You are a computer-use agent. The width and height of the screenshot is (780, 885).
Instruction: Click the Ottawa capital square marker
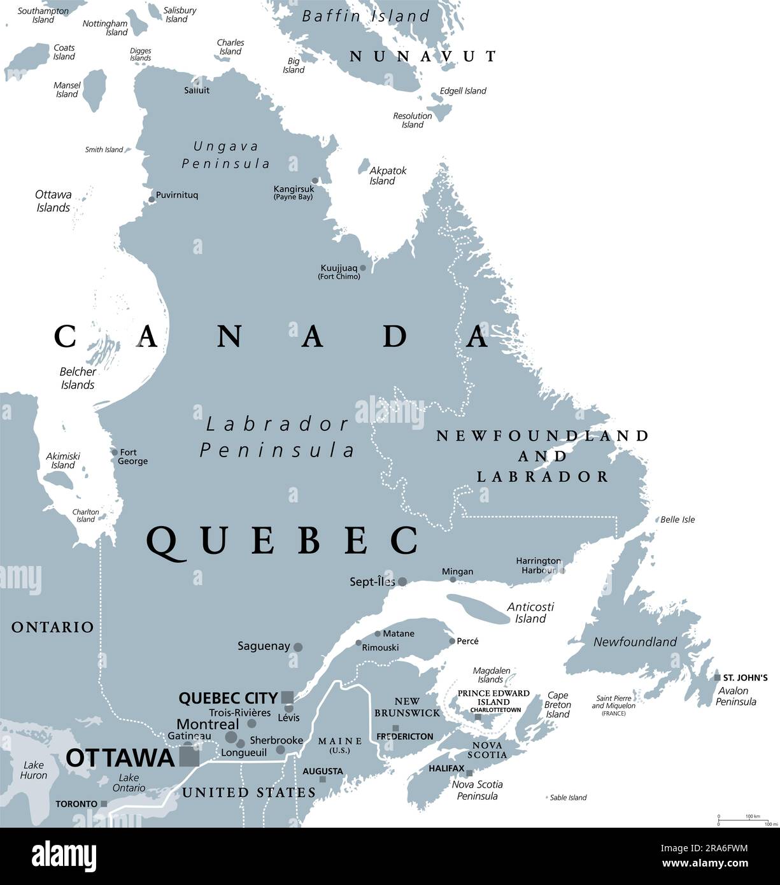(189, 757)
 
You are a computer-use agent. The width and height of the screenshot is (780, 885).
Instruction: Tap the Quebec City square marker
(287, 697)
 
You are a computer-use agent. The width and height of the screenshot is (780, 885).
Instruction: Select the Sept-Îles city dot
(402, 581)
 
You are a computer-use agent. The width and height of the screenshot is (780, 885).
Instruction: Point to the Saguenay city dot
(297, 647)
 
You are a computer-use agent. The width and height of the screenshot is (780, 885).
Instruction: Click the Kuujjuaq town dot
(363, 268)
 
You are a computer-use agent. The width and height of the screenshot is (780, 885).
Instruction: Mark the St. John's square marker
(717, 677)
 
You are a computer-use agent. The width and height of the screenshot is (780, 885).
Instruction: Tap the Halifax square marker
(469, 773)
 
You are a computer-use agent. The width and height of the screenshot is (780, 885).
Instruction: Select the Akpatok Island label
(388, 176)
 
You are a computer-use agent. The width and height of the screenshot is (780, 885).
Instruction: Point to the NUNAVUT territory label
(423, 56)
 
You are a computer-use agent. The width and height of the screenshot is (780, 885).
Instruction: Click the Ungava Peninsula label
(226, 155)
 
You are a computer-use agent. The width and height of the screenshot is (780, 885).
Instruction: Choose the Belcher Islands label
(78, 378)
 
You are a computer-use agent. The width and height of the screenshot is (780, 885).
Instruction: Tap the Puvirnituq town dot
(152, 199)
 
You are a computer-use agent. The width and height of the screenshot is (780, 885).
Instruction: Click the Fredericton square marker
(395, 728)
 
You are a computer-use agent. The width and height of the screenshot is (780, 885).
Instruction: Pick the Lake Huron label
(33, 770)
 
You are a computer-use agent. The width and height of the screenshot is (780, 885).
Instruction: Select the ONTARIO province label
(52, 627)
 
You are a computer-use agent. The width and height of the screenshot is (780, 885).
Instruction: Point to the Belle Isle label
(677, 520)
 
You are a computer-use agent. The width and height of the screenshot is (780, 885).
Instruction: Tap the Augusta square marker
(323, 779)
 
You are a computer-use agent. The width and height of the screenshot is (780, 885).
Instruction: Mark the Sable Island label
(567, 797)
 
